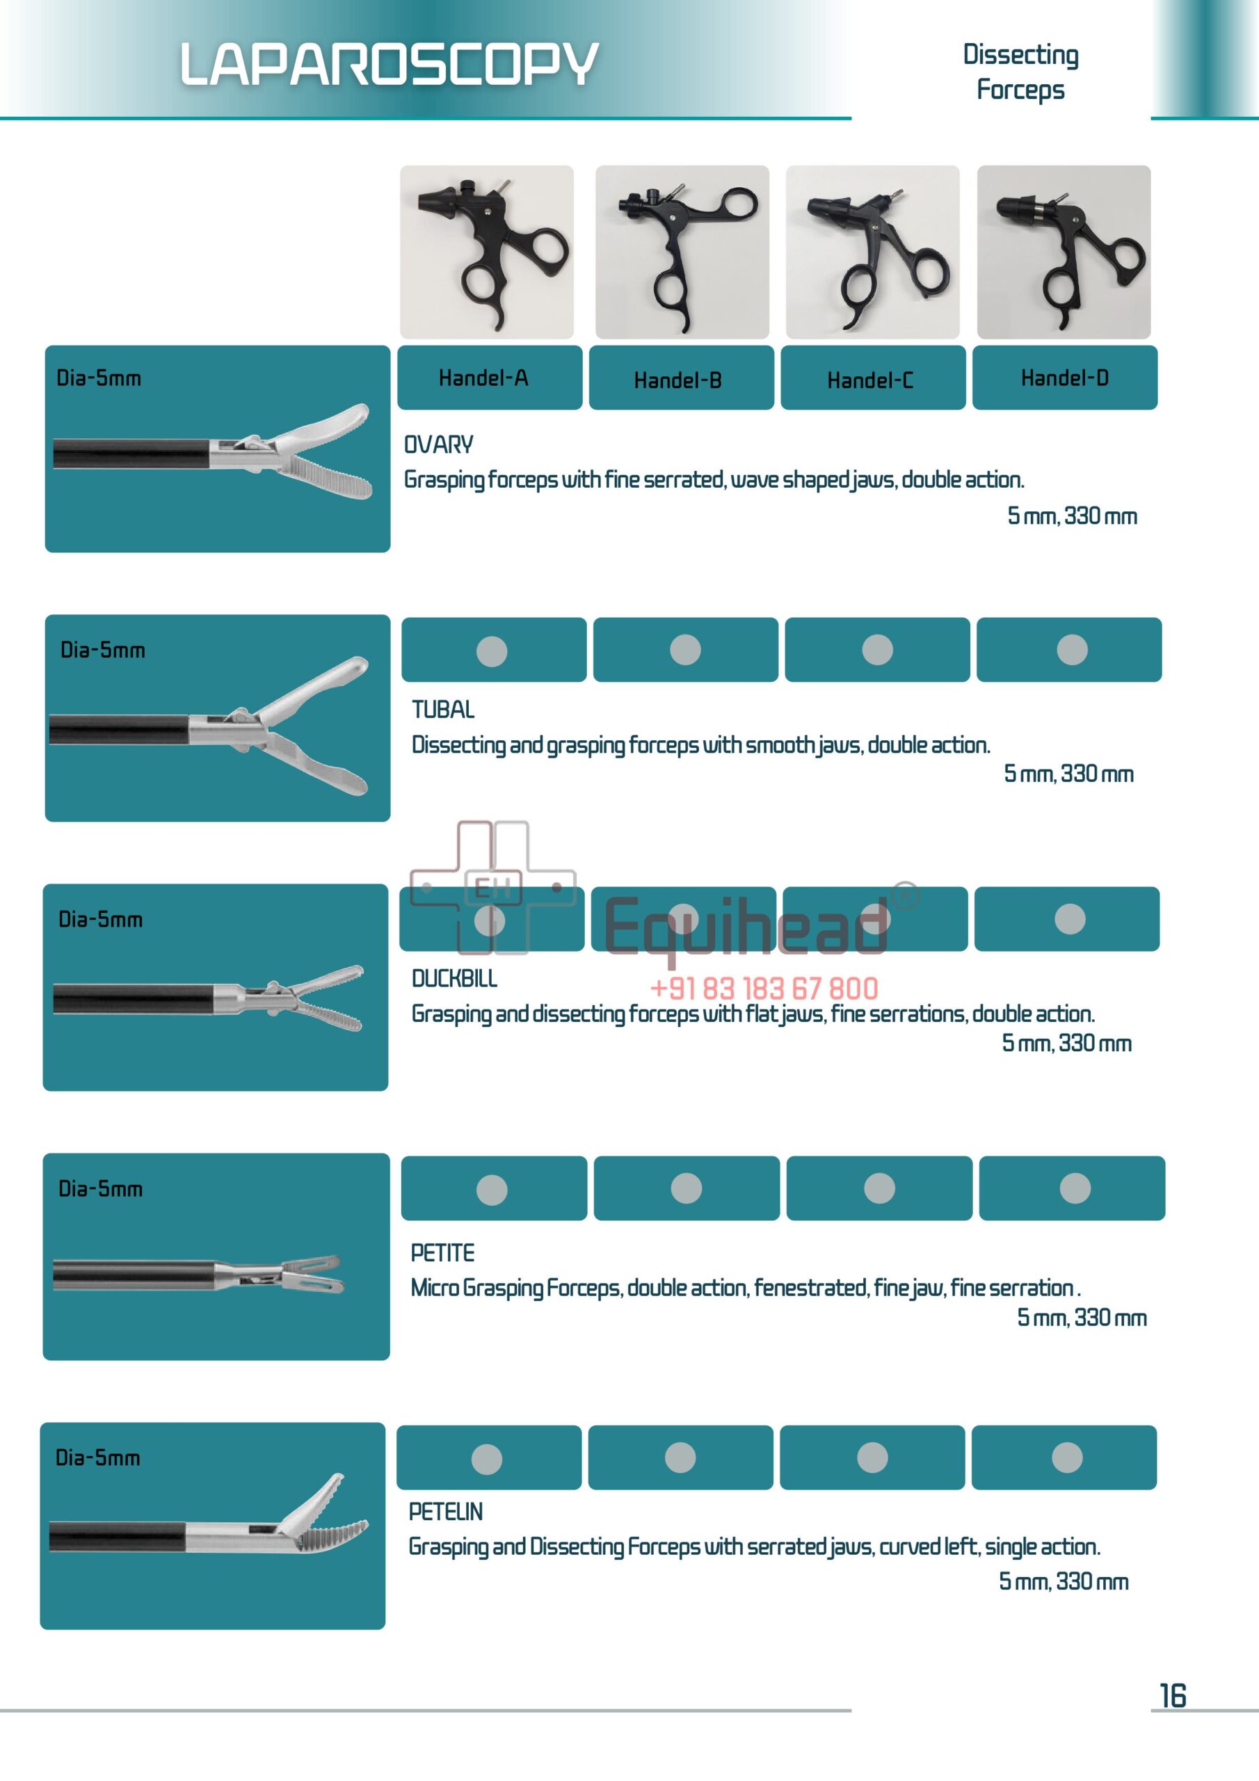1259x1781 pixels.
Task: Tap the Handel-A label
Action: pos(483,378)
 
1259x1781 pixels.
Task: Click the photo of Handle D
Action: pos(1064,252)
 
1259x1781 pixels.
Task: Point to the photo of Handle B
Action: pos(682,252)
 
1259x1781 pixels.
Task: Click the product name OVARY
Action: pos(438,445)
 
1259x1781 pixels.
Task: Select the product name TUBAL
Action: pos(443,709)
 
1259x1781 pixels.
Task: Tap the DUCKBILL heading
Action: pos(455,978)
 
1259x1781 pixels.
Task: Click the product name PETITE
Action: pos(442,1253)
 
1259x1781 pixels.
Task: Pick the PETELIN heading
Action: pos(445,1511)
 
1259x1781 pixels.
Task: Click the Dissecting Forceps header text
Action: pos(1020,72)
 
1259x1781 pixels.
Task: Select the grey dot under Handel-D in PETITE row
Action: pos(1075,1188)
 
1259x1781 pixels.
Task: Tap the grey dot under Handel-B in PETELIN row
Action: pos(680,1457)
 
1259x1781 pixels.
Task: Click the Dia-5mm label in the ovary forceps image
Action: pos(99,378)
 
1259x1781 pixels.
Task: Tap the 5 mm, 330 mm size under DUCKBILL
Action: pos(1066,1043)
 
